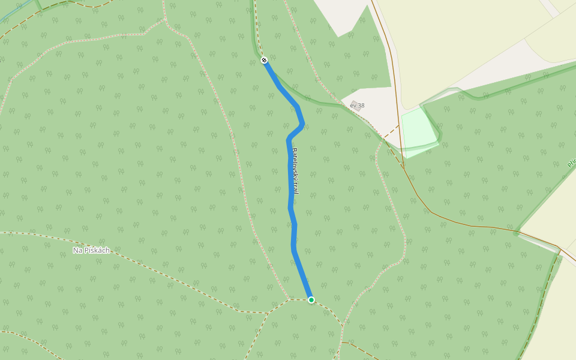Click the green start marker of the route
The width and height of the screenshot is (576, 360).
311,299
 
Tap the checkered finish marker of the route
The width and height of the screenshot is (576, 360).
264,60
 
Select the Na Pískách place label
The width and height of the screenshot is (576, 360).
91,250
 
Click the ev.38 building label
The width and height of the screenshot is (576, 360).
357,106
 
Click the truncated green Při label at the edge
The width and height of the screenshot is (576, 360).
571,163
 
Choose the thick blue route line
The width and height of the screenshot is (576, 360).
291,204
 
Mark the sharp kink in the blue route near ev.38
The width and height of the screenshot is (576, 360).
302,124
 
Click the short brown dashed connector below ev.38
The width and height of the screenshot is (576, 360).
391,132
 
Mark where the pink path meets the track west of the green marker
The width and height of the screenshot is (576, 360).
289,299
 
